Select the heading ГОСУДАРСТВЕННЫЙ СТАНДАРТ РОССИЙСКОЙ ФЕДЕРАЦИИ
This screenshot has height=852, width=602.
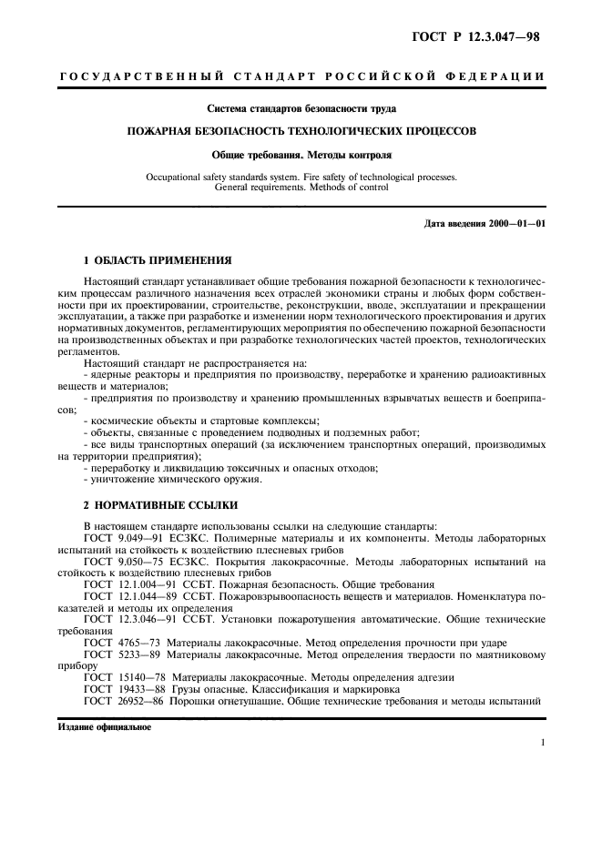(x=301, y=76)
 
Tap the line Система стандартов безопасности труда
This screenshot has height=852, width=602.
(x=301, y=108)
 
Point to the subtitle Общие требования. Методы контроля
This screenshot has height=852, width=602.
(x=301, y=155)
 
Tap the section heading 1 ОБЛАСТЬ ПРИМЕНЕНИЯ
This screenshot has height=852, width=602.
(x=151, y=259)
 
